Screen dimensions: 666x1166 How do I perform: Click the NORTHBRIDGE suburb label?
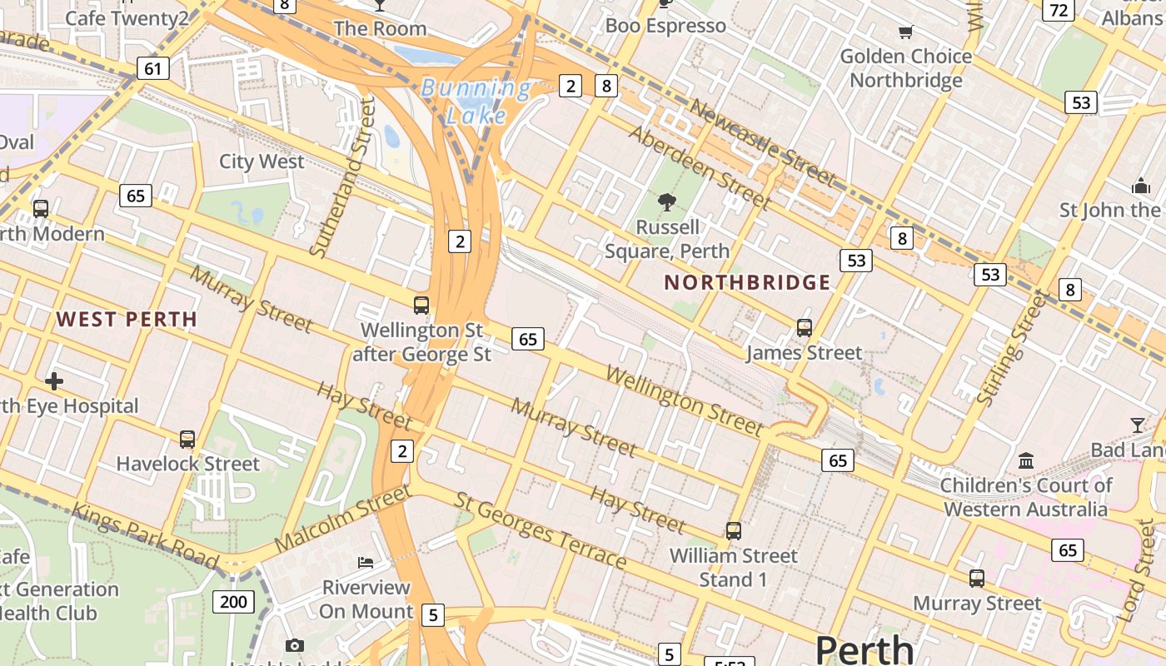(747, 282)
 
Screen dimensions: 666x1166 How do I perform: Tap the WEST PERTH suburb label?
(127, 319)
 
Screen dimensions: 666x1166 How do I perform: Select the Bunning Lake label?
(476, 101)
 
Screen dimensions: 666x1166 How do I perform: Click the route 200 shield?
(232, 601)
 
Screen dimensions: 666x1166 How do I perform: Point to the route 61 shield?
(152, 67)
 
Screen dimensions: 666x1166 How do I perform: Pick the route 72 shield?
(1059, 10)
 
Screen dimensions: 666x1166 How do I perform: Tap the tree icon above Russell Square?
(666, 201)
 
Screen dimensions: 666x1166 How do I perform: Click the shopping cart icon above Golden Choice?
(905, 32)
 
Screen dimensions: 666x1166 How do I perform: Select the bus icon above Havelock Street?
(187, 439)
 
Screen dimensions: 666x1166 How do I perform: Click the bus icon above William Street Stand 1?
(733, 530)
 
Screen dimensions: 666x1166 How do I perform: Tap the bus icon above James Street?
(804, 327)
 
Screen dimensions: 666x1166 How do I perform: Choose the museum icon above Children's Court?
(1026, 460)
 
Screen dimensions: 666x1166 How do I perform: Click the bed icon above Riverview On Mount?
(366, 562)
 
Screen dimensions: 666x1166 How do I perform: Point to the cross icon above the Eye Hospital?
(54, 381)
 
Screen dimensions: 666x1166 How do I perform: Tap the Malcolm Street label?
(342, 518)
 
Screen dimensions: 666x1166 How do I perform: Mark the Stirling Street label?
(1011, 348)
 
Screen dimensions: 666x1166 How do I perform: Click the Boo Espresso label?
(665, 26)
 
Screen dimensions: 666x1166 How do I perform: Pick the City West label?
(262, 162)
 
